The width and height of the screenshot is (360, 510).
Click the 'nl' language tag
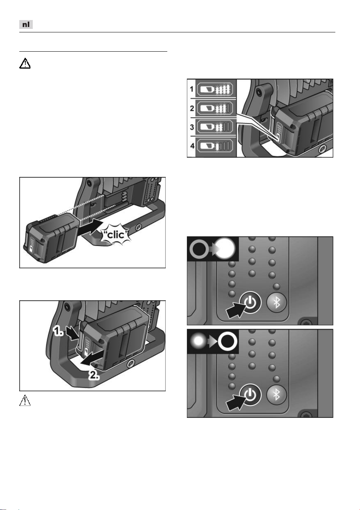click(26, 24)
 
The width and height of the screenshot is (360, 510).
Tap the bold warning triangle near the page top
click(25, 63)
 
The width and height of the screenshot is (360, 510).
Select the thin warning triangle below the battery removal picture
click(25, 400)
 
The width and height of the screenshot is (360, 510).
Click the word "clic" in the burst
click(116, 234)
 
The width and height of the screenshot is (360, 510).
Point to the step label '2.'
click(94, 375)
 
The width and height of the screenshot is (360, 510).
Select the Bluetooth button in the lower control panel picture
click(276, 395)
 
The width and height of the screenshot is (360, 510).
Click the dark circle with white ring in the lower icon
click(227, 341)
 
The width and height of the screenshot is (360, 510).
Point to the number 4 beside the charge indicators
click(192, 146)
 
